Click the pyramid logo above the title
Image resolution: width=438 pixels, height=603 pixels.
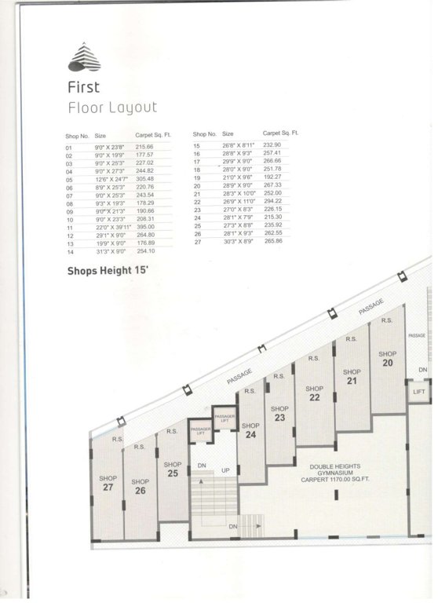(x=84, y=57)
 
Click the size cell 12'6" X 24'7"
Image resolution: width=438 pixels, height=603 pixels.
(x=111, y=179)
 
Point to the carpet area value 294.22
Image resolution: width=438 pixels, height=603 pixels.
(x=272, y=201)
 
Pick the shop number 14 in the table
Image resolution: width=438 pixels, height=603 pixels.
(x=69, y=251)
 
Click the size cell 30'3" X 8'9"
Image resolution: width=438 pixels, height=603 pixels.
(x=237, y=243)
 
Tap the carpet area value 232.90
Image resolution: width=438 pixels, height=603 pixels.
(x=272, y=145)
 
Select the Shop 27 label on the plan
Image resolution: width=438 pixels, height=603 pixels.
(x=108, y=483)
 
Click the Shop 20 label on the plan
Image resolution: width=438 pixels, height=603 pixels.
(x=388, y=359)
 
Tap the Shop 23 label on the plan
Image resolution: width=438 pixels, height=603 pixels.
(x=280, y=414)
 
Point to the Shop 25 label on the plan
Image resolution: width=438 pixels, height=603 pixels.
(x=173, y=470)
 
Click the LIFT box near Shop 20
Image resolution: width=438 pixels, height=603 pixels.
(x=419, y=392)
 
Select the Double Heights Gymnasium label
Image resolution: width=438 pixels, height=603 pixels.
(x=335, y=471)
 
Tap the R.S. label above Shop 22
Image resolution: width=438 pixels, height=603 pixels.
(x=313, y=358)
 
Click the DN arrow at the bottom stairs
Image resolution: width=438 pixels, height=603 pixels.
(x=234, y=525)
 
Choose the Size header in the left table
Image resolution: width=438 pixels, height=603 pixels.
(x=100, y=135)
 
